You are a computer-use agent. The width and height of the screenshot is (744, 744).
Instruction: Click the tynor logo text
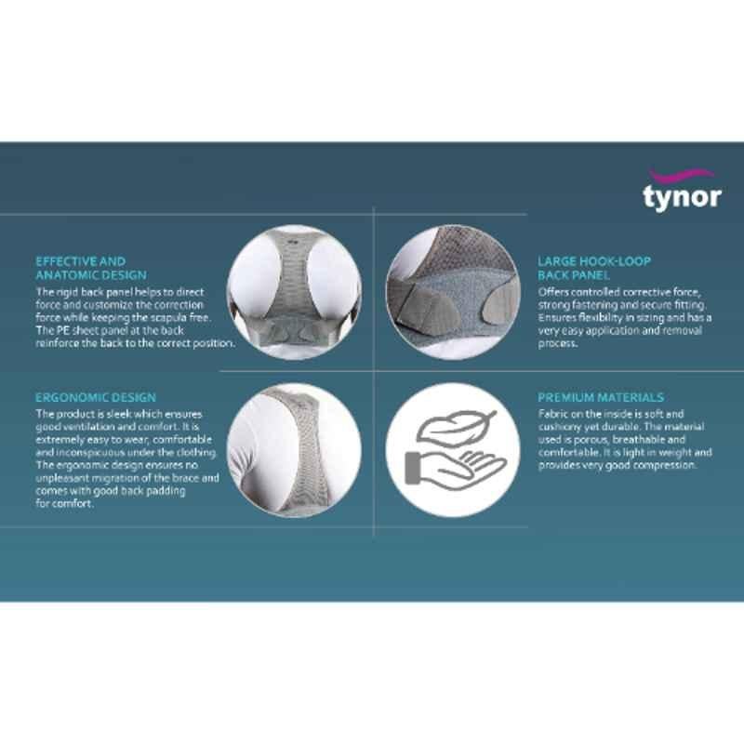[683, 197]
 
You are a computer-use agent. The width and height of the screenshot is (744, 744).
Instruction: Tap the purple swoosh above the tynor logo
[682, 175]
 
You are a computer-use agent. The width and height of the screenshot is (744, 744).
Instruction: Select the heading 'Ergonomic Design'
[96, 398]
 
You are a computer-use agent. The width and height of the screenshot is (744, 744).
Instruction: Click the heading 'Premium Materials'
[601, 398]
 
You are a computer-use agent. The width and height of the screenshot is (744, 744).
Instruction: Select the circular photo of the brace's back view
[294, 292]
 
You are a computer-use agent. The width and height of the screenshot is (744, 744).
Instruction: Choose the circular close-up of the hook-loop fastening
[453, 292]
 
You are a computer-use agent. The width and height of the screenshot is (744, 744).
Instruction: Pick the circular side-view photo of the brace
[294, 450]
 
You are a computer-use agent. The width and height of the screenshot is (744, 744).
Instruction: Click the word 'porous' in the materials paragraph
[591, 440]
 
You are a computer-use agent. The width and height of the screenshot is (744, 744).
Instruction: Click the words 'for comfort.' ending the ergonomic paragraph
[64, 503]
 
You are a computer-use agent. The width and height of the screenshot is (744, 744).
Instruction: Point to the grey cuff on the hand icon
[412, 468]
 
